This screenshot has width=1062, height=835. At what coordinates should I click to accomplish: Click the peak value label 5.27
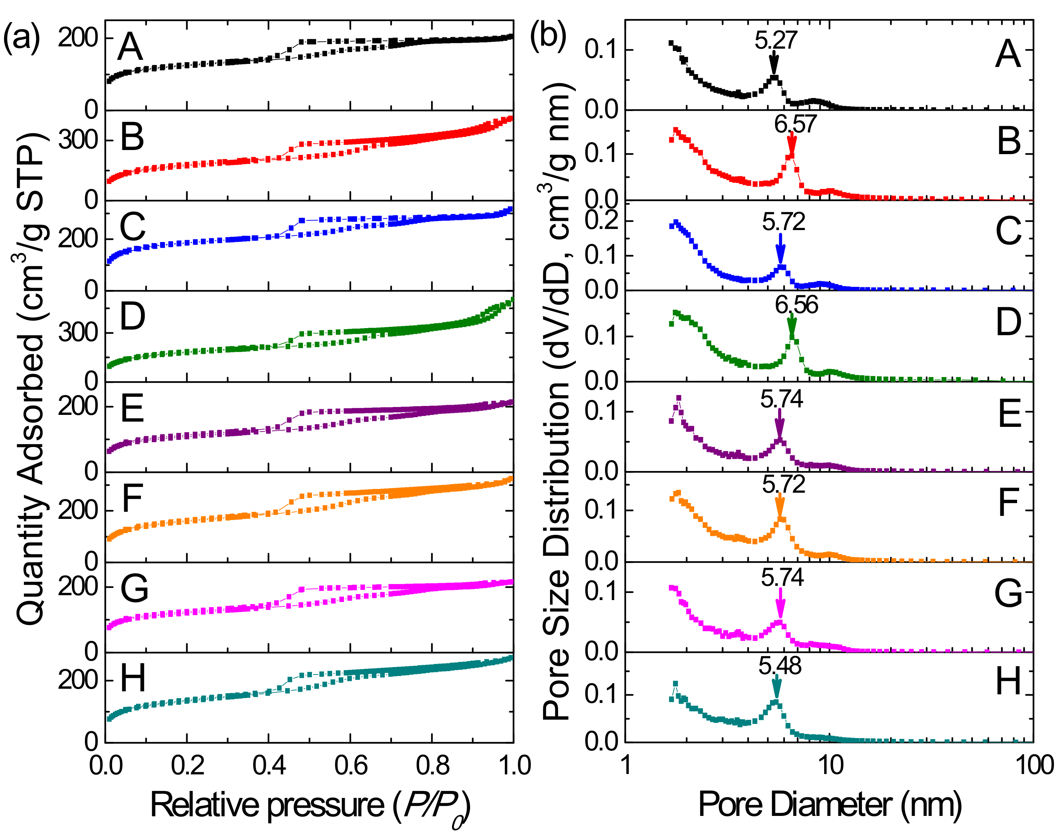776,40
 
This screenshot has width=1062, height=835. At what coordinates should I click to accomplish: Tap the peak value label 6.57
795,124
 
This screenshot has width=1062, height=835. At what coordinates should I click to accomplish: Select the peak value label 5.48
780,666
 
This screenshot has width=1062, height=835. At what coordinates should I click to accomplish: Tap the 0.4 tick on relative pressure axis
268,765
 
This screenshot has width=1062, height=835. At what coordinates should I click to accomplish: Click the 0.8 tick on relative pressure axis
432,765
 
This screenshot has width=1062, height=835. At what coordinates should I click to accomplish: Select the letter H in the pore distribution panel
1008,681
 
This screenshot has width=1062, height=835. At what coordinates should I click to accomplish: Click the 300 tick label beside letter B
78,140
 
